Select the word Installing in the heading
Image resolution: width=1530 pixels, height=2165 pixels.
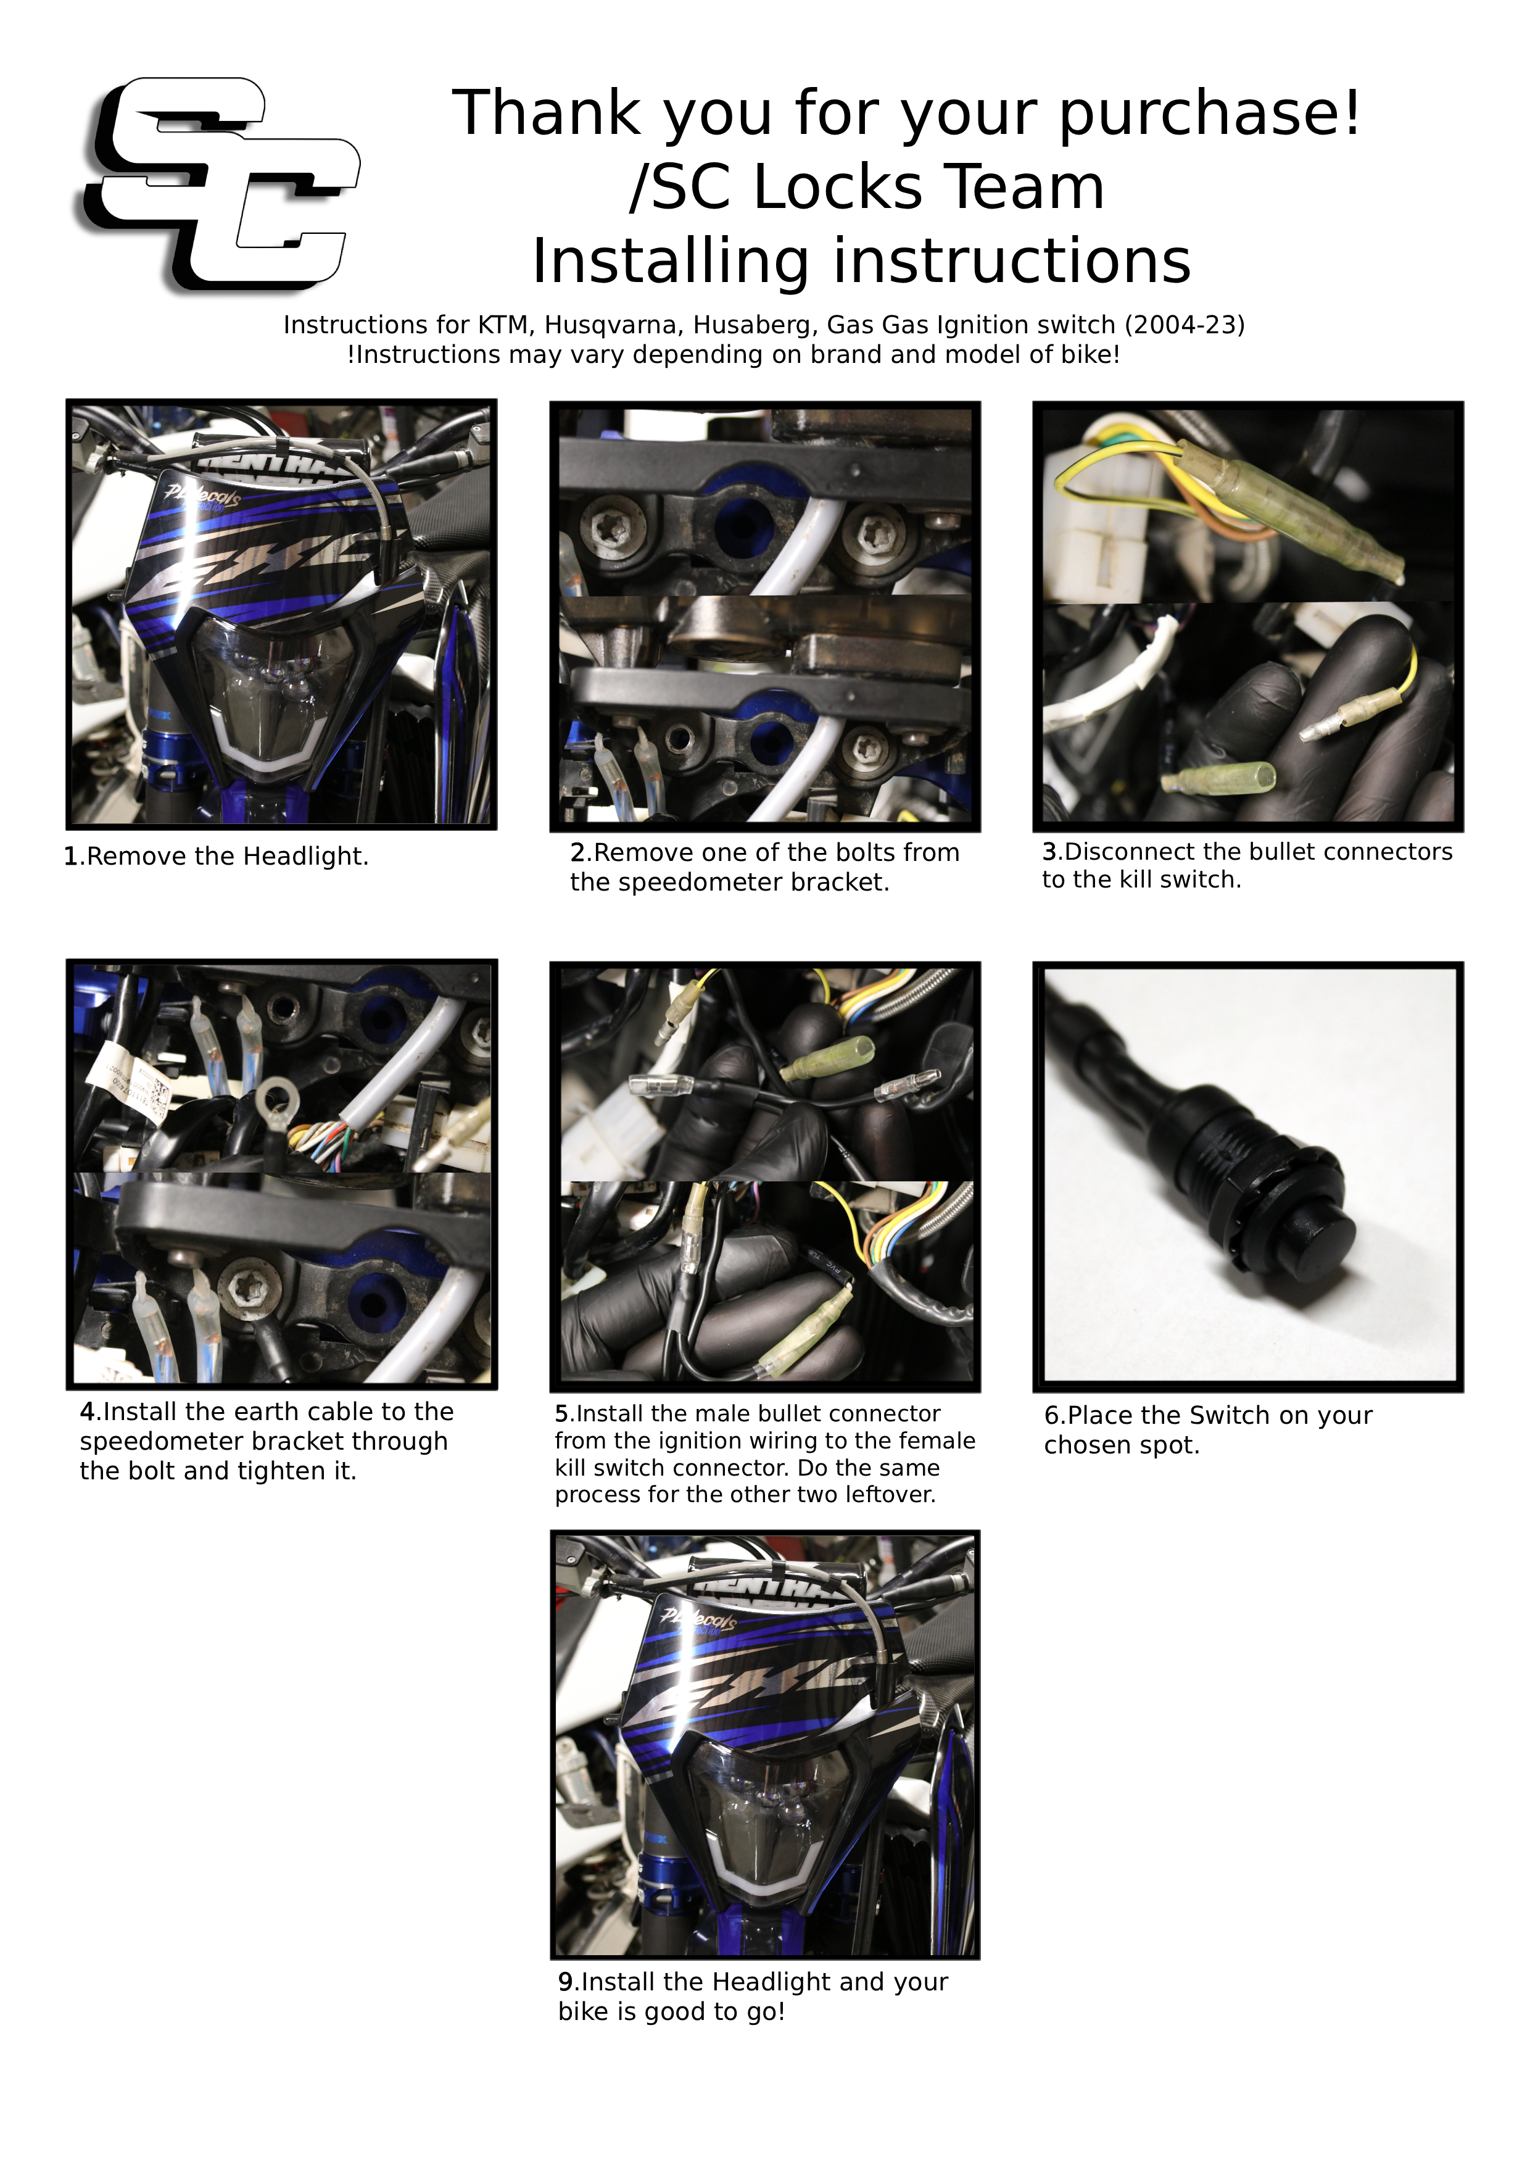click(x=670, y=262)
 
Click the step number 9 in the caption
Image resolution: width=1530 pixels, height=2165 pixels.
click(x=566, y=1982)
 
